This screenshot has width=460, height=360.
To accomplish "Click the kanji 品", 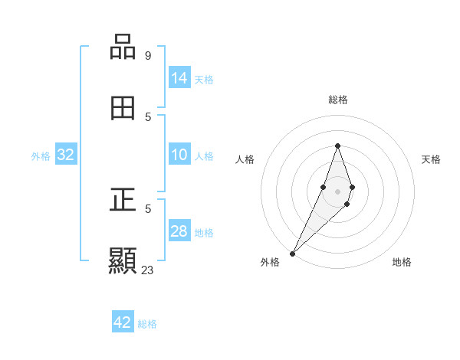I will (123, 47).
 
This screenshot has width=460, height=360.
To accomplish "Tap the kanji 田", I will (123, 109).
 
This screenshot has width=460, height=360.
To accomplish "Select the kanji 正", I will (123, 200).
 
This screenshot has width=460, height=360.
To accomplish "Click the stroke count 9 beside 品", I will (148, 55).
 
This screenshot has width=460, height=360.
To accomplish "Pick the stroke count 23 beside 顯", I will (148, 270).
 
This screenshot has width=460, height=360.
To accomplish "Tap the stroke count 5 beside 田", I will (148, 116).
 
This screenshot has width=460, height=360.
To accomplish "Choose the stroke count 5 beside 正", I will (148, 208).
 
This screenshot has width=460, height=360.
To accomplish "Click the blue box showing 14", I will (179, 78).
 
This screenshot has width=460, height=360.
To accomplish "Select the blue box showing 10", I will (179, 155).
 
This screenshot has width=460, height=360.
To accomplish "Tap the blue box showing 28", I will (179, 231).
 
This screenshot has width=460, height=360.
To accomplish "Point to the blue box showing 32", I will (66, 155).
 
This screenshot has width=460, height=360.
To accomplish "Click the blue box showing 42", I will (123, 322).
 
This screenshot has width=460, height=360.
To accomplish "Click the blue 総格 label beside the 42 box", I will (147, 324).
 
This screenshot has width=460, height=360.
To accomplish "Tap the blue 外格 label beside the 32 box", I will (41, 156).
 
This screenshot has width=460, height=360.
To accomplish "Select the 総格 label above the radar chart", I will (338, 100).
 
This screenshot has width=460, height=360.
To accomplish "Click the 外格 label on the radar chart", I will (270, 262).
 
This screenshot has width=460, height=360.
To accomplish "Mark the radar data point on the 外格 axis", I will (293, 253).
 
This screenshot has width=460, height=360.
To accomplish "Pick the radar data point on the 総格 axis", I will (337, 146).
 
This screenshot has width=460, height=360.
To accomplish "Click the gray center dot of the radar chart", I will (337, 191).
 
